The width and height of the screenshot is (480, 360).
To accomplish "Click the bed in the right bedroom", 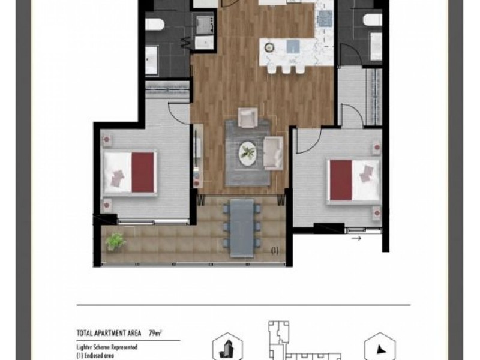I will (x=354, y=180).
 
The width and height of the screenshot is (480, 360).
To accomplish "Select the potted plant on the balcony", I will (x=115, y=241).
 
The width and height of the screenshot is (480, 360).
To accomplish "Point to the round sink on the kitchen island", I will (x=268, y=47).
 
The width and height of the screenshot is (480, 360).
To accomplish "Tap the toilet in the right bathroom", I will (x=372, y=19).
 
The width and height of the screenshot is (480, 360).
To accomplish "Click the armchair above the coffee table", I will (x=247, y=116).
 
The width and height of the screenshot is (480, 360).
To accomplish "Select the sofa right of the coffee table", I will (x=274, y=151).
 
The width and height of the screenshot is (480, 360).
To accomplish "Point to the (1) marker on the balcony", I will (x=275, y=250).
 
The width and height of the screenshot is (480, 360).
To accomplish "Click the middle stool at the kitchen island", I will (x=284, y=70).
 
